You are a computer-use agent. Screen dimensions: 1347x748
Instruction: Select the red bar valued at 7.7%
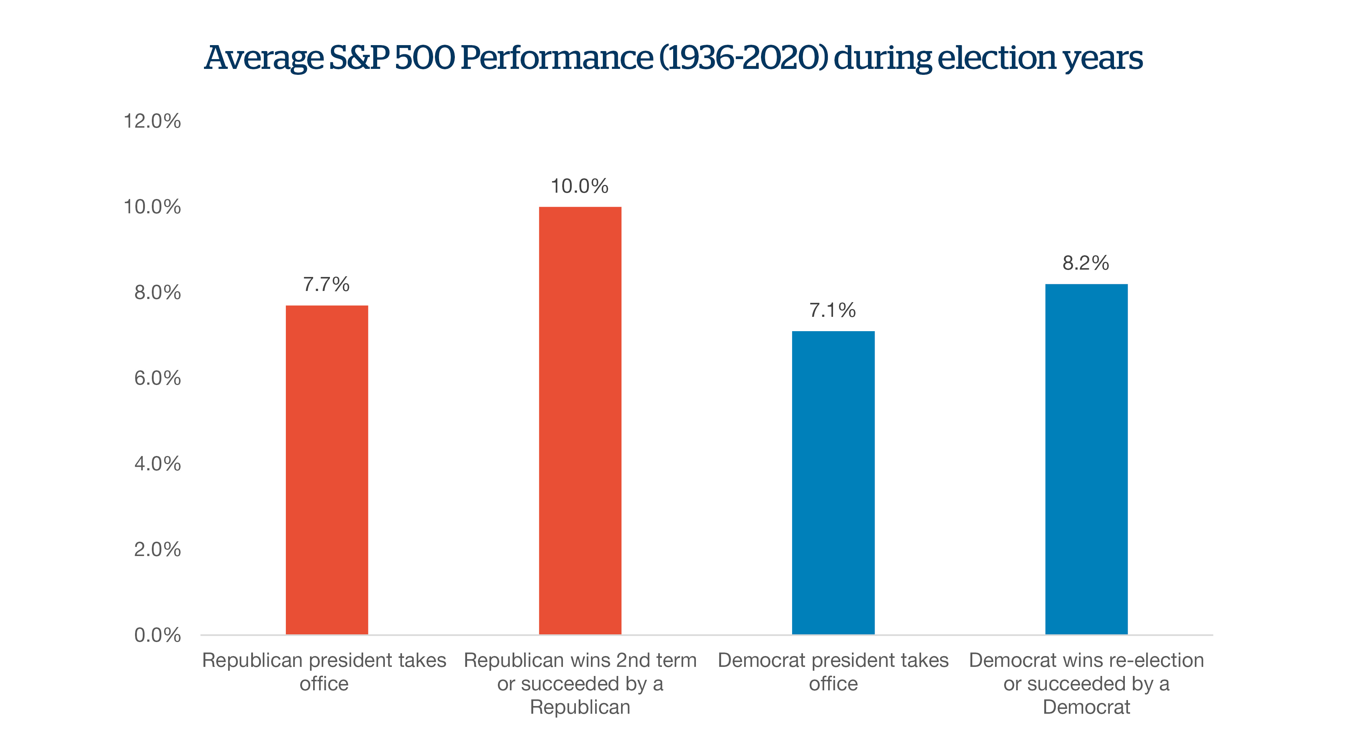point(327,470)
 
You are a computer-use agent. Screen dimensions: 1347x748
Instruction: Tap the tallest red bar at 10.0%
point(580,421)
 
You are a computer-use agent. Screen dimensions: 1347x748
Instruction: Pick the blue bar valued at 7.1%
point(833,483)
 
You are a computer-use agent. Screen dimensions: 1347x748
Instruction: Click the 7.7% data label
point(326,284)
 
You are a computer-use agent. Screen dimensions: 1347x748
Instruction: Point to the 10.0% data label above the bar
point(579,186)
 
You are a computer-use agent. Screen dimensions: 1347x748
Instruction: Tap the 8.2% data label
point(1086,263)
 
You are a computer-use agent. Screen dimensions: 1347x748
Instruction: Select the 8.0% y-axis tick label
point(157,292)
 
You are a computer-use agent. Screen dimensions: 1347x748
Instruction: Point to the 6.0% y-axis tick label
point(157,378)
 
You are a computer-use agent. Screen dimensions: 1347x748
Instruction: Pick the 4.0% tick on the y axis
point(157,464)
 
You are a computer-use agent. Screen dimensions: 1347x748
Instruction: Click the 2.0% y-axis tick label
point(157,549)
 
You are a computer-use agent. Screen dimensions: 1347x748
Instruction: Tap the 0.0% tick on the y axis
point(157,635)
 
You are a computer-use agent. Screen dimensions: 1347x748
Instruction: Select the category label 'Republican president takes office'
point(324,672)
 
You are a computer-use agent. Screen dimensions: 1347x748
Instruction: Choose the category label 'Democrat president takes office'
point(833,672)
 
